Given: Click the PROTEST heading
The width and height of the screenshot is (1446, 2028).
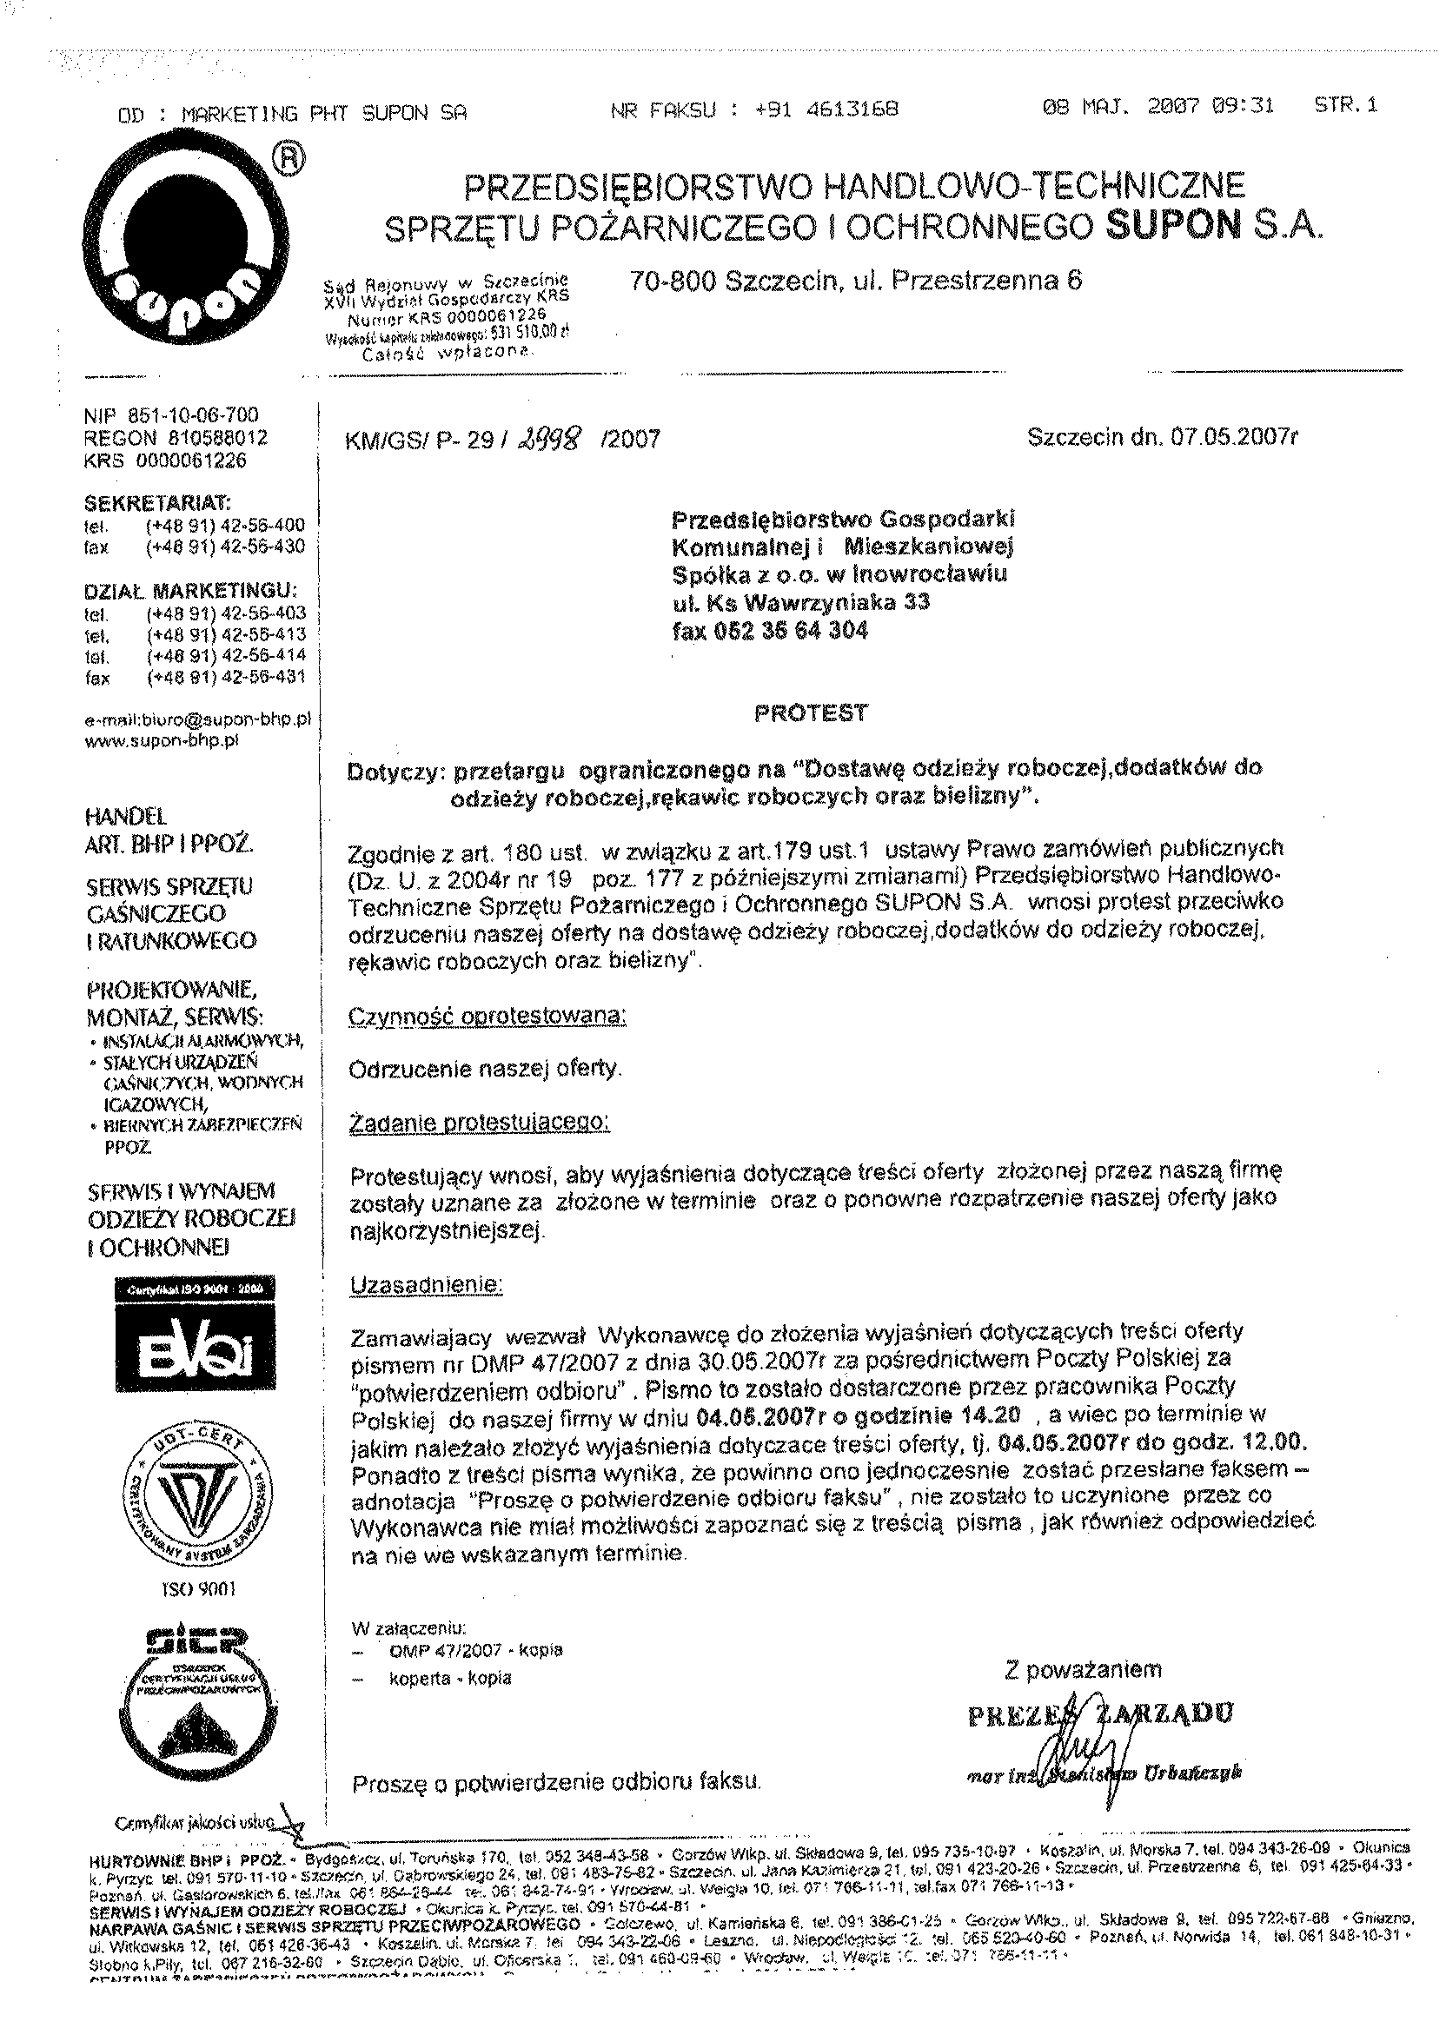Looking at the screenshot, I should click(810, 712).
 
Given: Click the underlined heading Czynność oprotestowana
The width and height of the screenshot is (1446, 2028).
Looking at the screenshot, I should click(487, 1016).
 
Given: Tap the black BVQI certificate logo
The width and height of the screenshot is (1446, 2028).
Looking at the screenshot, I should click(195, 1333).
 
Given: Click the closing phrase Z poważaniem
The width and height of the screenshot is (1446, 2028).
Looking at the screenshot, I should click(1083, 1669).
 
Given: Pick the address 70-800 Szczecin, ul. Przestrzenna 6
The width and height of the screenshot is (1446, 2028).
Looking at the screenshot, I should click(856, 282).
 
